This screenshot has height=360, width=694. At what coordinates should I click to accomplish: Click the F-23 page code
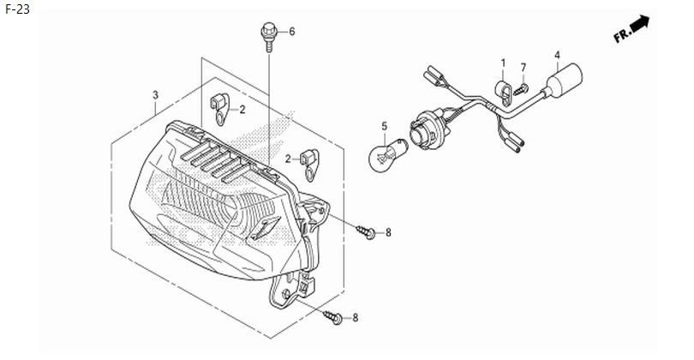(17, 9)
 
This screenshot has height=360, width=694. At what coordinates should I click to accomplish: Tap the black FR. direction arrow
(639, 23)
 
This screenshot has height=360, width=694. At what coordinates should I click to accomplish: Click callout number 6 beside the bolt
(291, 32)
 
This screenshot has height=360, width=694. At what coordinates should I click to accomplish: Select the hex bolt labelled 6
(269, 37)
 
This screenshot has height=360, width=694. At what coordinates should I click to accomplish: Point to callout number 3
(155, 95)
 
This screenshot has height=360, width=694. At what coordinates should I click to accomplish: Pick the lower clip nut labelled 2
(309, 165)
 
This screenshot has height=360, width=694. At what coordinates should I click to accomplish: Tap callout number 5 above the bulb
(384, 126)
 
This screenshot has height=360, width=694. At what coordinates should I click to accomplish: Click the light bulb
(388, 154)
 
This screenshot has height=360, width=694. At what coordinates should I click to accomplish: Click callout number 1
(503, 63)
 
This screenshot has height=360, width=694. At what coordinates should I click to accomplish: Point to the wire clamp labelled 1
(503, 93)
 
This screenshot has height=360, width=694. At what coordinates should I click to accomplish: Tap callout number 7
(523, 68)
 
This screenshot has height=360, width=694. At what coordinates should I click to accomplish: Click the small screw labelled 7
(521, 89)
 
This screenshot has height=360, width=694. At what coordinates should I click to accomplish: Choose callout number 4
(557, 55)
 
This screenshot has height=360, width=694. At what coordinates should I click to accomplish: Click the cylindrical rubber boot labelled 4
(563, 81)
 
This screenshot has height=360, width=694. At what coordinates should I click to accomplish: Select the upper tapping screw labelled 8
(366, 231)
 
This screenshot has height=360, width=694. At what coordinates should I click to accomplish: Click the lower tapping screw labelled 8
(332, 317)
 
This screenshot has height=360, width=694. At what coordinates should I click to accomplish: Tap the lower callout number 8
(355, 318)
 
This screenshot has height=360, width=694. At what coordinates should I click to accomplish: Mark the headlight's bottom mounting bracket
(294, 291)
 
